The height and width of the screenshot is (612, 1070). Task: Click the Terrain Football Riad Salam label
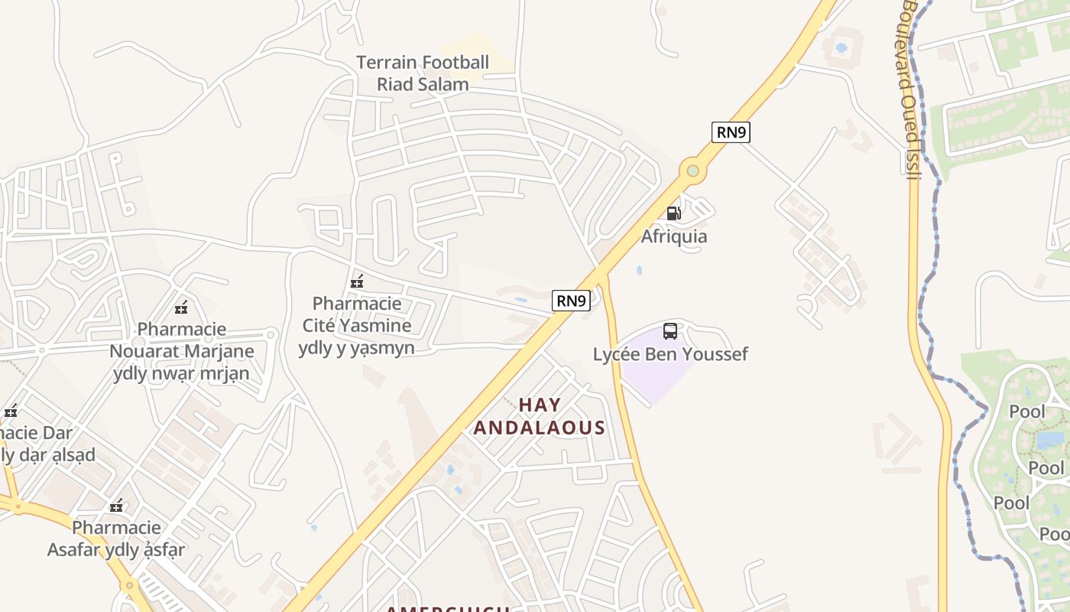[423, 73]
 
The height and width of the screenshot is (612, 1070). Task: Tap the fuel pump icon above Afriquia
[673, 213]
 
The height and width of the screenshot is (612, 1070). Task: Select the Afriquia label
[673, 236]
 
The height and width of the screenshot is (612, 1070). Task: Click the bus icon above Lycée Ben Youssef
[670, 331]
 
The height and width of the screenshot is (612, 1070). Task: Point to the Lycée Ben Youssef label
[670, 354]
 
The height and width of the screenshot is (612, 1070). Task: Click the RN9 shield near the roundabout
[731, 132]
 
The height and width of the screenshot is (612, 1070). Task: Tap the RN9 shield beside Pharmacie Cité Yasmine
[571, 301]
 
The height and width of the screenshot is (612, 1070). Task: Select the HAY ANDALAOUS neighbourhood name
[540, 416]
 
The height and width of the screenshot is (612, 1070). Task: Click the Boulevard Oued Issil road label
[910, 88]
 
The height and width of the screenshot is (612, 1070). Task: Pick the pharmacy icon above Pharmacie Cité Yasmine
[356, 282]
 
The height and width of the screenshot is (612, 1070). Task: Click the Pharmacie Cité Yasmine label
[357, 325]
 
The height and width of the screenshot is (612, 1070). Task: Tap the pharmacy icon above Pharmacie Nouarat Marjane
[181, 308]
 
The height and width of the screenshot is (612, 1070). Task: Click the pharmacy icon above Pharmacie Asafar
[116, 506]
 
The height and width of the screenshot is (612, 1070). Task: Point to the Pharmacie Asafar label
[116, 539]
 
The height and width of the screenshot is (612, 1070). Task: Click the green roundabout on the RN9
[692, 171]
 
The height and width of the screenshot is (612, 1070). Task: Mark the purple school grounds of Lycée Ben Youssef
[650, 367]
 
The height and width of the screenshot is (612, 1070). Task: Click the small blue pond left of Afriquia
[639, 270]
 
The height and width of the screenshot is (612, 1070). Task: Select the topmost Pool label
[1026, 412]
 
